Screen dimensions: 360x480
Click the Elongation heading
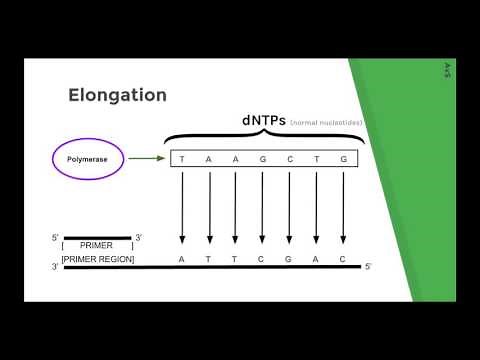point(117,96)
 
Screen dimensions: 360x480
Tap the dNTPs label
point(264,120)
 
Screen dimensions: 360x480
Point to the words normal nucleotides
point(326,122)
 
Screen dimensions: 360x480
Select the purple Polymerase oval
point(87,158)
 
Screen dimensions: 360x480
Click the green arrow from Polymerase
point(146,158)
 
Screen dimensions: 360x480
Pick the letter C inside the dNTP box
point(289,159)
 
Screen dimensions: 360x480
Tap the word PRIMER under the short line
point(97,245)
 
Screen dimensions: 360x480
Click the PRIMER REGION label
point(97,259)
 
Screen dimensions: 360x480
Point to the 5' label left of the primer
point(56,238)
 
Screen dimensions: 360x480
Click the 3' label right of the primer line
point(139,238)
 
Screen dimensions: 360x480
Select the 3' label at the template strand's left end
point(55,267)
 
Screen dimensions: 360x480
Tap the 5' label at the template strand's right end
point(368,266)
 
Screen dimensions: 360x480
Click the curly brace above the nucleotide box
point(264,137)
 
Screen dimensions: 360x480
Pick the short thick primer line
point(97,238)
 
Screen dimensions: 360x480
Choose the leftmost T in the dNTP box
point(182,159)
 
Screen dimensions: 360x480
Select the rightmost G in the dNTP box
point(343,159)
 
